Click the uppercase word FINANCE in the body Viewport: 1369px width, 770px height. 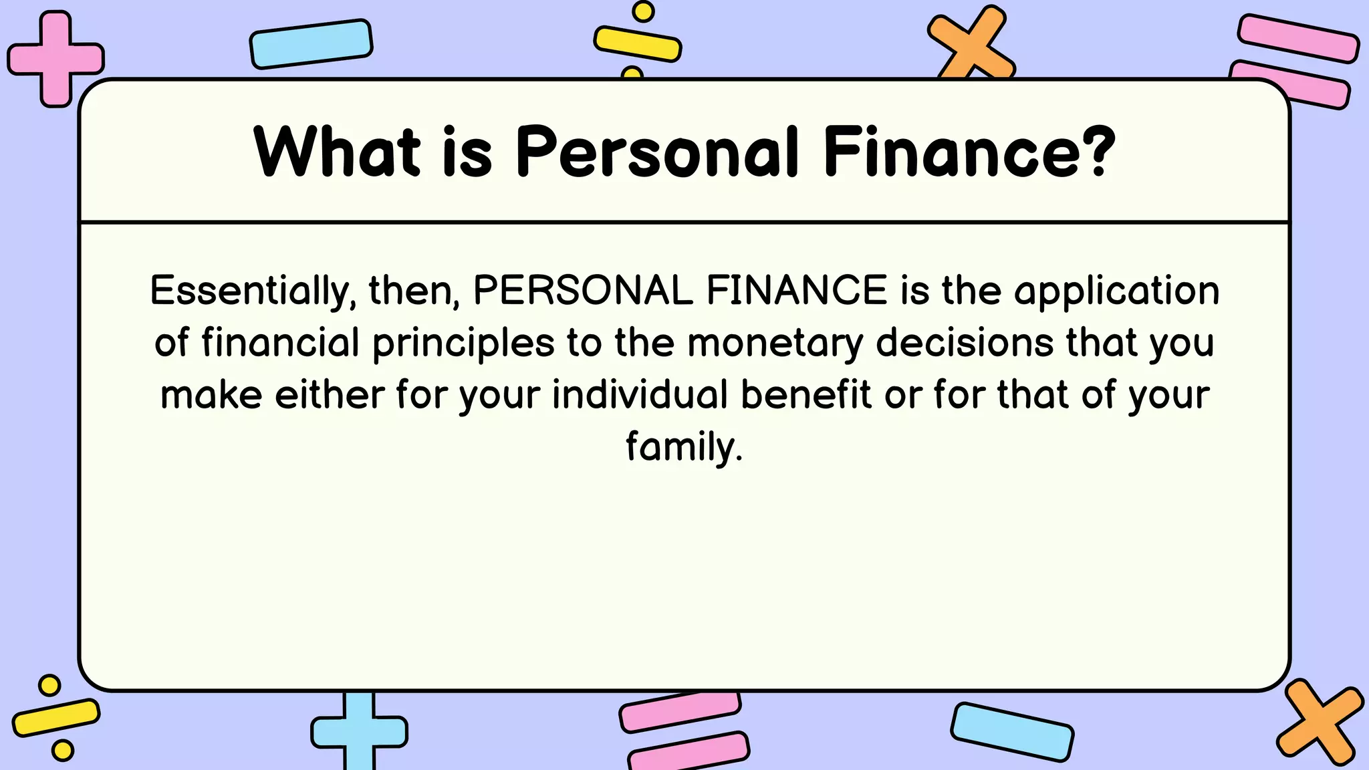coord(796,291)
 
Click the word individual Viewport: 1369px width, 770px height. coord(640,394)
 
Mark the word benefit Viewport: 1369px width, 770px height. coord(805,394)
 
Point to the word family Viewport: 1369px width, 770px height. coord(684,447)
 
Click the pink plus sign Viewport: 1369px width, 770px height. coord(55,59)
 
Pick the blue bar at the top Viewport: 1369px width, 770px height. coord(311,44)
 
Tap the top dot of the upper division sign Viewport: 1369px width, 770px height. coord(643,11)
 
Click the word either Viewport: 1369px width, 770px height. coord(329,394)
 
